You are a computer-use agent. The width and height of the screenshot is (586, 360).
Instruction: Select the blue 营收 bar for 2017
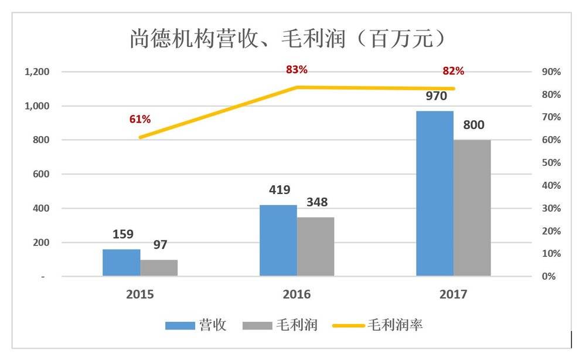435,193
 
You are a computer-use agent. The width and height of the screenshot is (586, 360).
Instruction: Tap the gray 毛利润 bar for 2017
472,208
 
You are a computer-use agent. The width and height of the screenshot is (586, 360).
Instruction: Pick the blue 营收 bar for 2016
278,240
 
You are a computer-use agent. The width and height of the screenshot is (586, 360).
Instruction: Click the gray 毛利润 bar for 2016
315,246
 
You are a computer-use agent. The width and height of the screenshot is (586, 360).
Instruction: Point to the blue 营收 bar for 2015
121,262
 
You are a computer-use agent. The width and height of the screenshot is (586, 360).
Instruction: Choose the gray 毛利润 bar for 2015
158,267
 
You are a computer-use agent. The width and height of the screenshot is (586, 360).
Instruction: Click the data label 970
436,96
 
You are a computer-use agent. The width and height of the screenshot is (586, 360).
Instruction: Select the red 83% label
297,70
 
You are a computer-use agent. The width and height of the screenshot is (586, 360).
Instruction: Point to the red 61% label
140,119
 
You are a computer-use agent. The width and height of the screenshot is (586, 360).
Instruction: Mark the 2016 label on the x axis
297,294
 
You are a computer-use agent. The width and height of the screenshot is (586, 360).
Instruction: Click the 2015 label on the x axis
140,294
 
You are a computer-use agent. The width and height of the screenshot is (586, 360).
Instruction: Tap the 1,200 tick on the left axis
36,72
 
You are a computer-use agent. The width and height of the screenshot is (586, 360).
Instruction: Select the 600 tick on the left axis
41,174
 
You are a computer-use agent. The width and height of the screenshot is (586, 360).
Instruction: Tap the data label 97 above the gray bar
159,244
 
